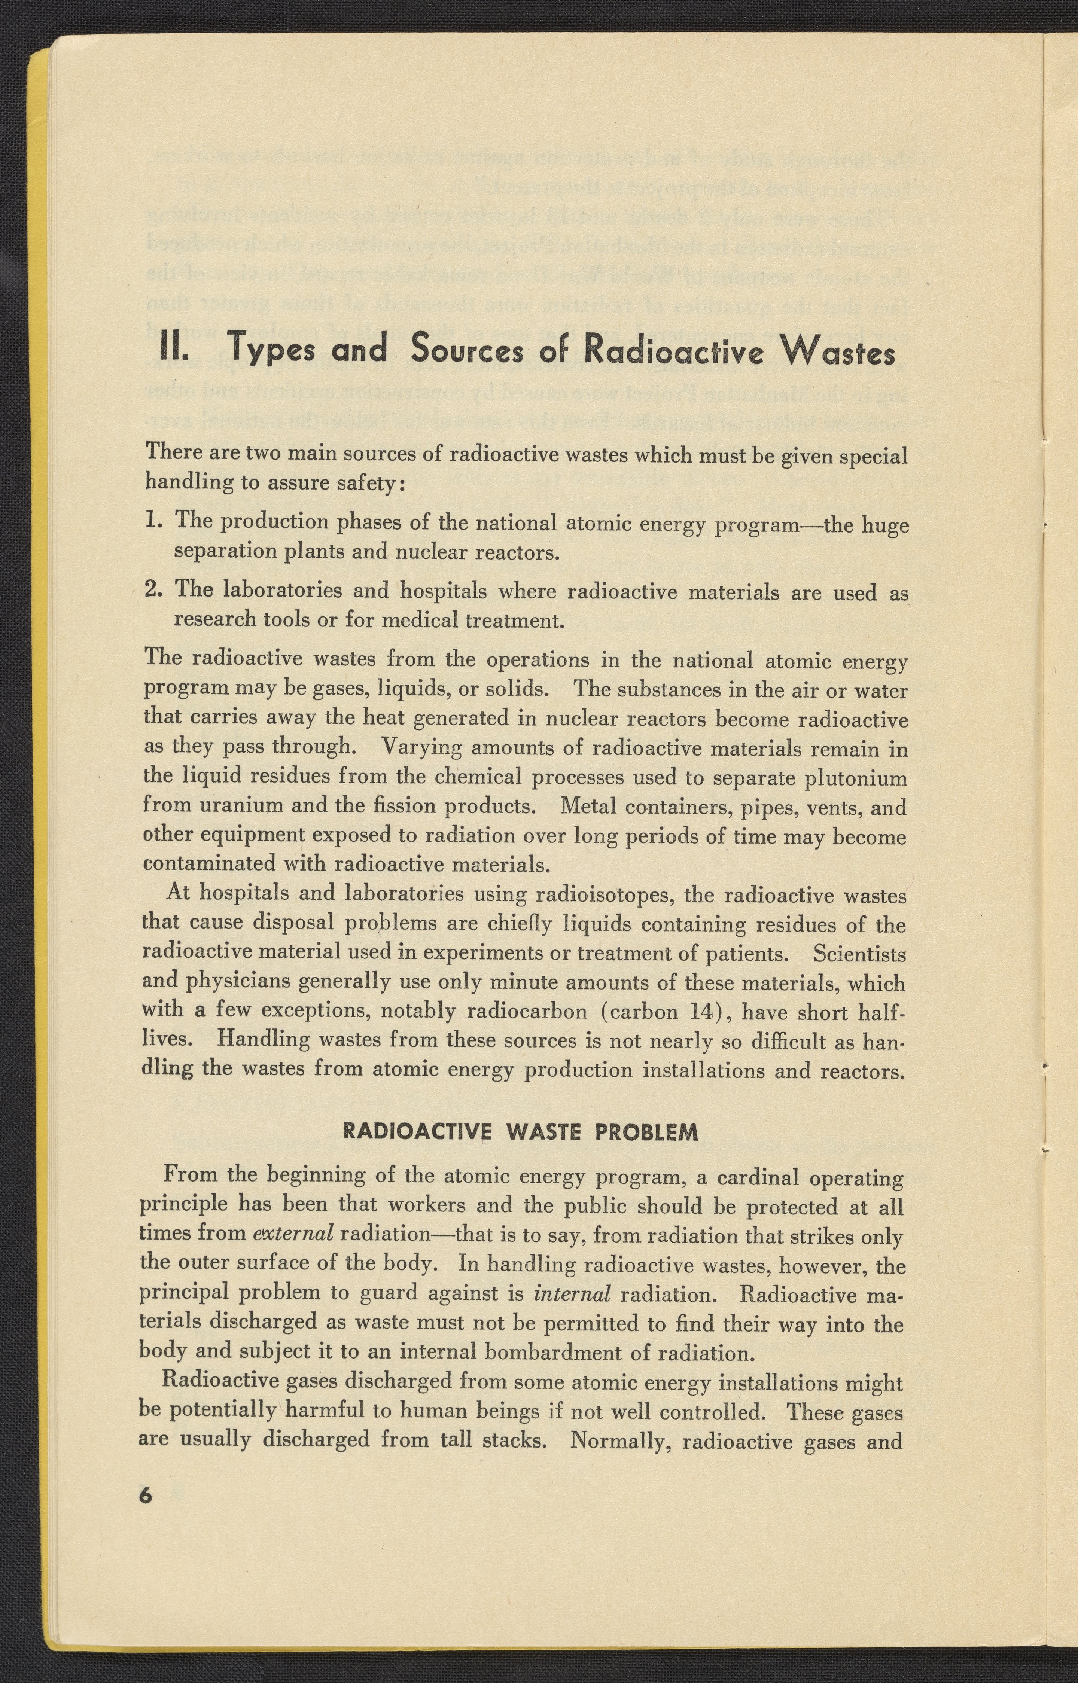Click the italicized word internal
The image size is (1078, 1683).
point(572,1293)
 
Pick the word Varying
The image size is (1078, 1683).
point(422,748)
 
